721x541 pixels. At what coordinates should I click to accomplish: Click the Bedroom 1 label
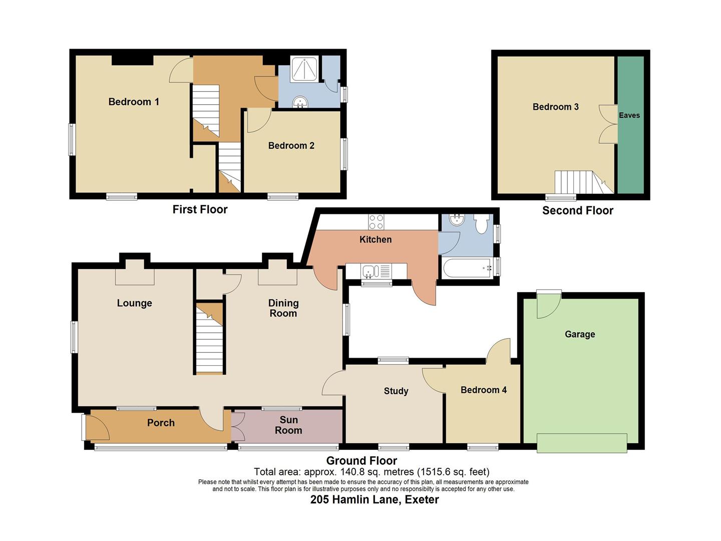[x=134, y=102]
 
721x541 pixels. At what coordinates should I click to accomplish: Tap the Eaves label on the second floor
[x=629, y=115]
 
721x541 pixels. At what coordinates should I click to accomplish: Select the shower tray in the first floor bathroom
[x=304, y=69]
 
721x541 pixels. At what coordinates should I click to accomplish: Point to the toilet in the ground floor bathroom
[x=481, y=224]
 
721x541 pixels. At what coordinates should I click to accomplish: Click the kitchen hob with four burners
[x=376, y=221]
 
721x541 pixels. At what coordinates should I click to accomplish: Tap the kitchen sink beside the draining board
[x=370, y=272]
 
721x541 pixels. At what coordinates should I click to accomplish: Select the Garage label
[x=580, y=334]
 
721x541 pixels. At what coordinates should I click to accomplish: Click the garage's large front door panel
[x=581, y=443]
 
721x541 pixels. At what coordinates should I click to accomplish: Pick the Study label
[x=396, y=391]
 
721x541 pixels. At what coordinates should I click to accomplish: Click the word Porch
[x=161, y=423]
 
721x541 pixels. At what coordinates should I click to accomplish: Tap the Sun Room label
[x=288, y=425]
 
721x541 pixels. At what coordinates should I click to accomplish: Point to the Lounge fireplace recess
[x=134, y=277]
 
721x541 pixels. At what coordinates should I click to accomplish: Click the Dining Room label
[x=283, y=308]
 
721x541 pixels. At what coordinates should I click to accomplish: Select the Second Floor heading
[x=577, y=210]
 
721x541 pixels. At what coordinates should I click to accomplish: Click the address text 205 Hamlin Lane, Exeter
[x=375, y=499]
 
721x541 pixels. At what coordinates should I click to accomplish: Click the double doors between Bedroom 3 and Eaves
[x=609, y=124]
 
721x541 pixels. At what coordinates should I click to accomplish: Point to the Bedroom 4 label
[x=483, y=390]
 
